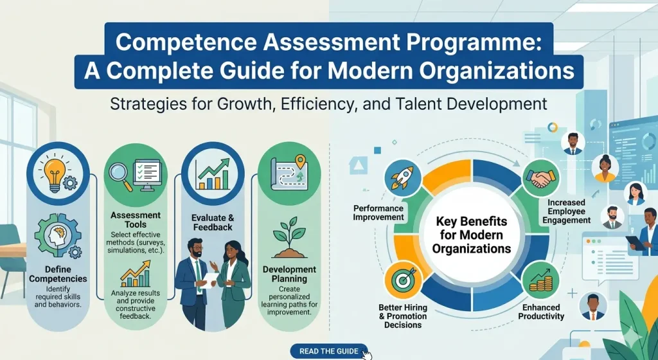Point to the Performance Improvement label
click(378, 213)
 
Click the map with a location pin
click(285, 170)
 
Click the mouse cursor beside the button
click(366, 354)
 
